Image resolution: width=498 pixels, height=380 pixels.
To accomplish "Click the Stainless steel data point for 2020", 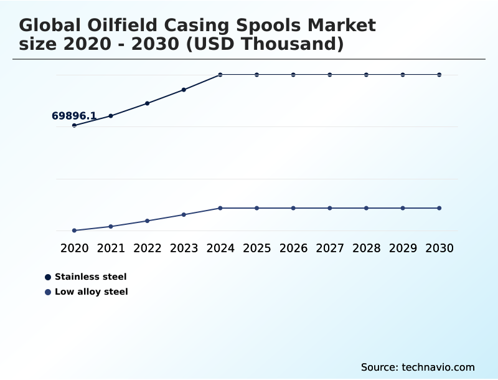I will click(74, 125).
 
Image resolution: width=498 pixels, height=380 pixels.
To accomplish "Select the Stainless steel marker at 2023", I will click(184, 90).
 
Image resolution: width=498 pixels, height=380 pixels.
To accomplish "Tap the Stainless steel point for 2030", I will click(439, 75).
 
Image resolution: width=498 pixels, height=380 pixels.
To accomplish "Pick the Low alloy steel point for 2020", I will click(74, 230).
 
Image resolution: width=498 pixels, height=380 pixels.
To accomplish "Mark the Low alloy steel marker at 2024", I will click(220, 208).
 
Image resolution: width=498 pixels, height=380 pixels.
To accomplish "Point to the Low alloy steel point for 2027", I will click(330, 208).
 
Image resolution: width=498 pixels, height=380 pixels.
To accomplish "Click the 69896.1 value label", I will click(73, 116).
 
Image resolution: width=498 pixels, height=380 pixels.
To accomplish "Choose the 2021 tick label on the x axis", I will click(111, 248).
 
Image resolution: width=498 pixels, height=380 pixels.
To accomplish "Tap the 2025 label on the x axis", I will click(256, 248).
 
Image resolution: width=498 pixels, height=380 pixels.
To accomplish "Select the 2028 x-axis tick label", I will click(366, 248).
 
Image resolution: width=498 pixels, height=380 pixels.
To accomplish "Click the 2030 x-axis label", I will click(439, 248).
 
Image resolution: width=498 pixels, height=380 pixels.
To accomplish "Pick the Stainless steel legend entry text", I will click(90, 277).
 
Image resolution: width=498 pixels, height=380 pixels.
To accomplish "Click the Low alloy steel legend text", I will click(91, 292).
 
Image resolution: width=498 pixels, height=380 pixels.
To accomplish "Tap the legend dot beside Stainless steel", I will click(48, 277).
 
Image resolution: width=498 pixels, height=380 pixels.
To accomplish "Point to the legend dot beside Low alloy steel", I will click(48, 292).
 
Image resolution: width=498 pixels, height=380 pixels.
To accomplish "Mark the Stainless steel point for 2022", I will click(147, 103).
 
